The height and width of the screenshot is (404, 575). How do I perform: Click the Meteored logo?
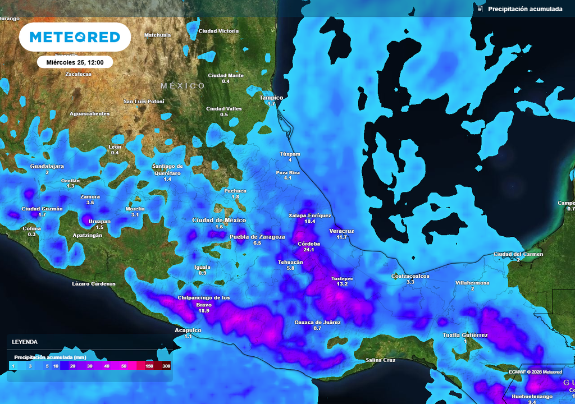75,38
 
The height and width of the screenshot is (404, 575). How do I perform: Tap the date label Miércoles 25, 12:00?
75,62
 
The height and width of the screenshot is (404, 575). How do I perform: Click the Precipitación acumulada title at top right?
525,9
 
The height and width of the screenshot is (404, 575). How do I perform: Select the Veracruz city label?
341,231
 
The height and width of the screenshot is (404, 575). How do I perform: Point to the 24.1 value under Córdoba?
309,250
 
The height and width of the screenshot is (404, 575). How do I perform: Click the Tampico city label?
271,98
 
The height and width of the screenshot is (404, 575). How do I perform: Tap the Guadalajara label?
47,167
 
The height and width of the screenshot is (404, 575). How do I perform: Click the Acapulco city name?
188,330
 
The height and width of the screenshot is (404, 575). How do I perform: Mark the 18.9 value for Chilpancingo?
203,310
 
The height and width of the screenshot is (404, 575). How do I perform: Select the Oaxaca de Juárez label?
317,322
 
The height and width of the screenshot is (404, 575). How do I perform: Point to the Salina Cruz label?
380,360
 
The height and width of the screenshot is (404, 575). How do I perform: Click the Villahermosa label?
472,283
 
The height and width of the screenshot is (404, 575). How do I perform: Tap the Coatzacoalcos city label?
410,276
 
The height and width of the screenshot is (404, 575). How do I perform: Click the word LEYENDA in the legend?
25,342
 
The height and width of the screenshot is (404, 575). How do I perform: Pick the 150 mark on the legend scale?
149,366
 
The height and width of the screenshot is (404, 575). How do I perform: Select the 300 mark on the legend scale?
166,366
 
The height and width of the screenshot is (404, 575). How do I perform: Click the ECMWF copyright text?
535,372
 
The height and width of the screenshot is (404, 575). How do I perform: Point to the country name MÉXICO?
183,86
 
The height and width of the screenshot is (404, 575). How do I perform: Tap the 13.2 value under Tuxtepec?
342,284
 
